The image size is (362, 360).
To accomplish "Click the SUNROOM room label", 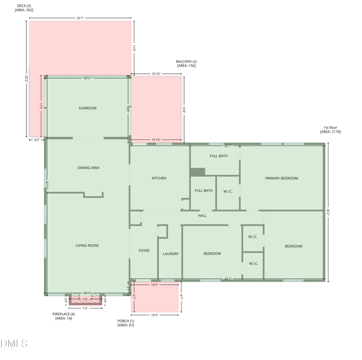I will pyautogui.click(x=87, y=108).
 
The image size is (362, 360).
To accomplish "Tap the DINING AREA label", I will pyautogui.click(x=88, y=168).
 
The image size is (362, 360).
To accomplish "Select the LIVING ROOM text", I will pyautogui.click(x=87, y=245).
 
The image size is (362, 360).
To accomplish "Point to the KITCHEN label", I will pyautogui.click(x=159, y=178).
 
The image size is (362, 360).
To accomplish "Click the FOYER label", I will pyautogui.click(x=144, y=250).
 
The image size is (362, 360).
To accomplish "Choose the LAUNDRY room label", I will pyautogui.click(x=171, y=254).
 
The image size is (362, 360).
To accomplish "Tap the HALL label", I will pyautogui.click(x=202, y=216).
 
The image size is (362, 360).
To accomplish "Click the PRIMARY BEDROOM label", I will pyautogui.click(x=281, y=178).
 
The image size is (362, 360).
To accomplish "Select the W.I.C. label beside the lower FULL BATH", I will pyautogui.click(x=228, y=191).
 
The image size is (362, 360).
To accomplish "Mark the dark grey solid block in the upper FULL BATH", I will pyautogui.click(x=197, y=172).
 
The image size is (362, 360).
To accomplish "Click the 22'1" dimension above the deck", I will pyautogui.click(x=80, y=18).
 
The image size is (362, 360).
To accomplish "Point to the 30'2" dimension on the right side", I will pyautogui.click(x=328, y=211).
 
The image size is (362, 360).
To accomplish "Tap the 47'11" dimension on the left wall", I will pyautogui.click(x=47, y=184).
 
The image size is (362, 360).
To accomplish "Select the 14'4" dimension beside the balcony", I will pyautogui.click(x=184, y=110).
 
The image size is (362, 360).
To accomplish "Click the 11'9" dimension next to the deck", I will pyautogui.click(x=134, y=48).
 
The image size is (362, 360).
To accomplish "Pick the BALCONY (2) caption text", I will pyautogui.click(x=186, y=62).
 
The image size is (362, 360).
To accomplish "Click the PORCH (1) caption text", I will pyautogui.click(x=126, y=321).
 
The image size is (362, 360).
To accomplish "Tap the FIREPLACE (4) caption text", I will pyautogui.click(x=63, y=314).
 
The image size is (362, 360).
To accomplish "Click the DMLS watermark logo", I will pyautogui.click(x=14, y=344).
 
